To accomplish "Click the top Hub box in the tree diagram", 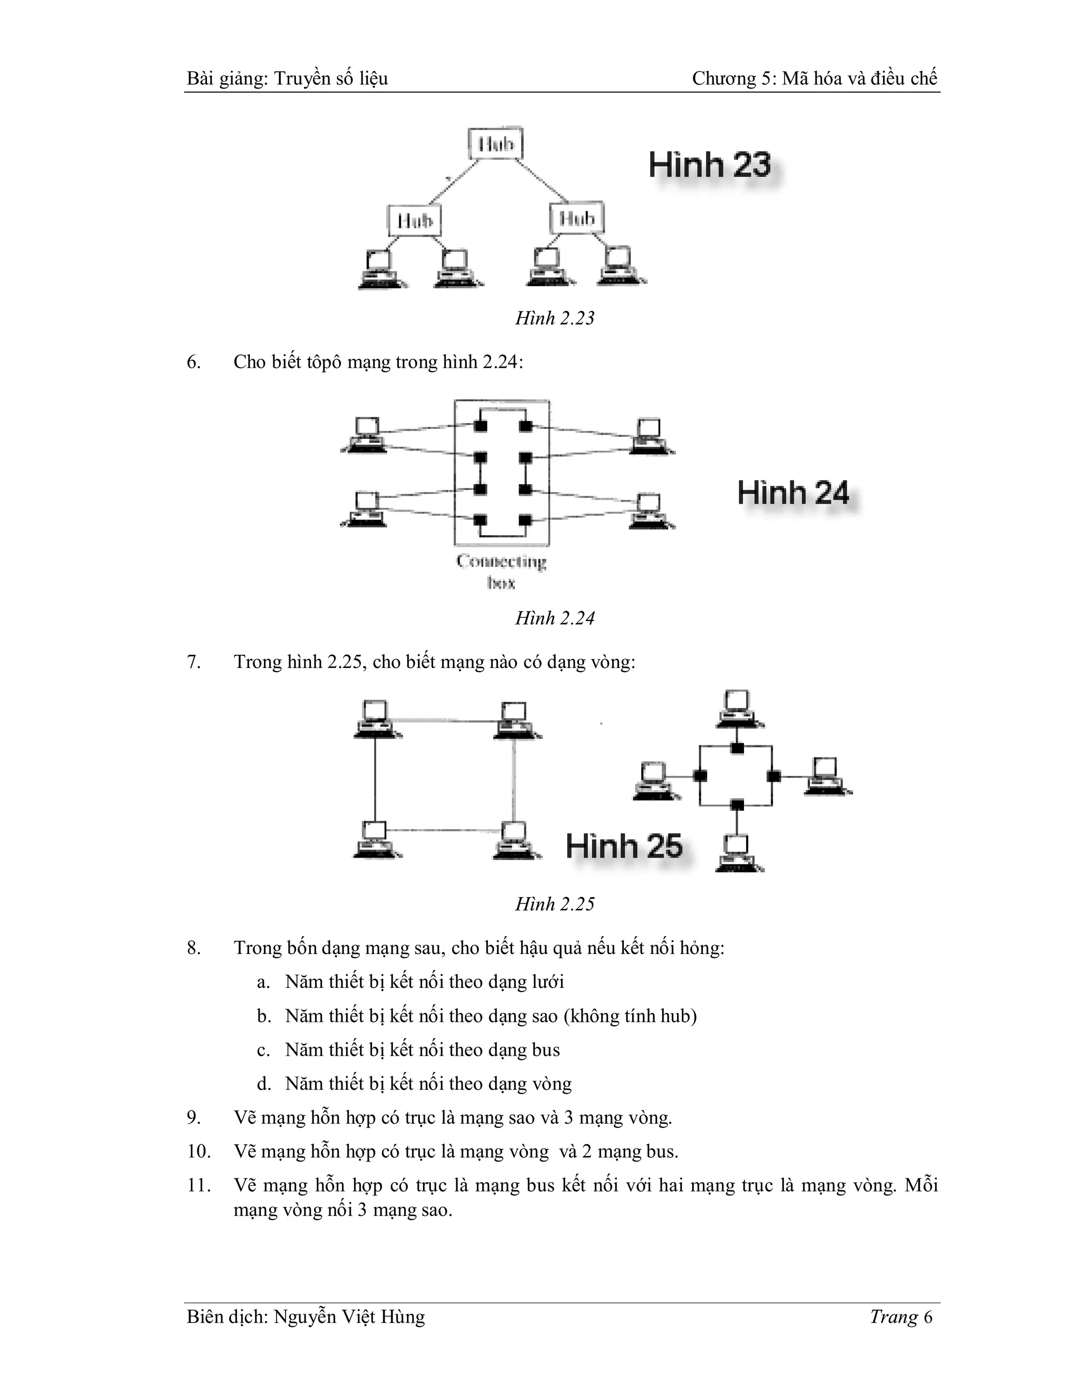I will (x=495, y=144).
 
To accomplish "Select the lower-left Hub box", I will (x=415, y=221).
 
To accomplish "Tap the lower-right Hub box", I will (x=576, y=219).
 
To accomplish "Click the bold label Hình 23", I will (x=710, y=165).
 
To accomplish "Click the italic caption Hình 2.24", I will (x=555, y=618).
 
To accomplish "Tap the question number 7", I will (x=194, y=662).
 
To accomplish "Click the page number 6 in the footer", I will (x=927, y=1317).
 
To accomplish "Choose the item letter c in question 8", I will (x=263, y=1050).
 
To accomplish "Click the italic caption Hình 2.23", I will (x=555, y=318).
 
